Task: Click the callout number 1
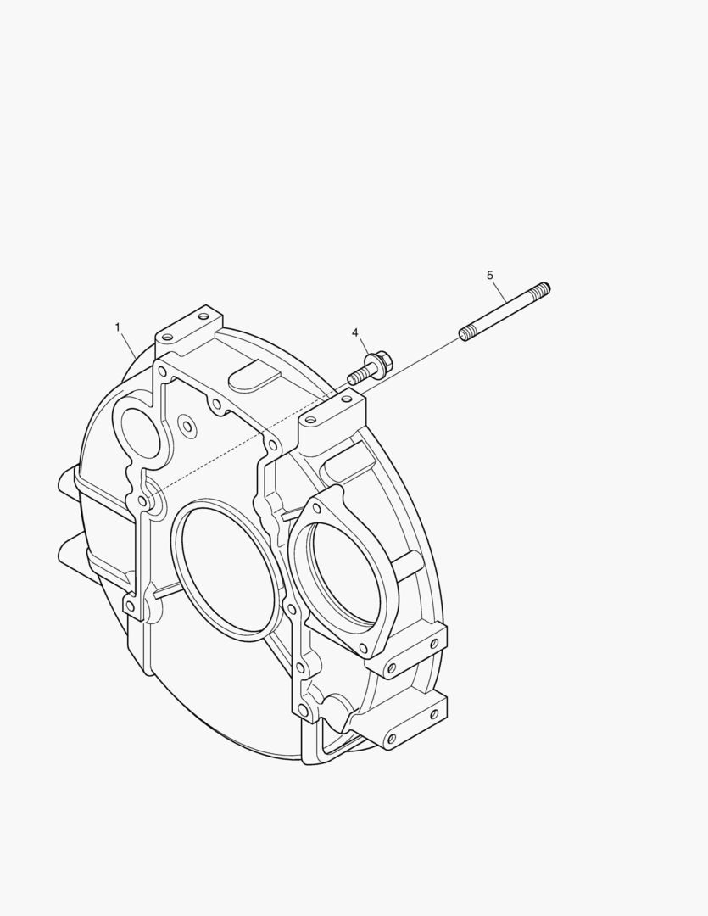118,327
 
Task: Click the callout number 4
355,332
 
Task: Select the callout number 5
490,275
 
